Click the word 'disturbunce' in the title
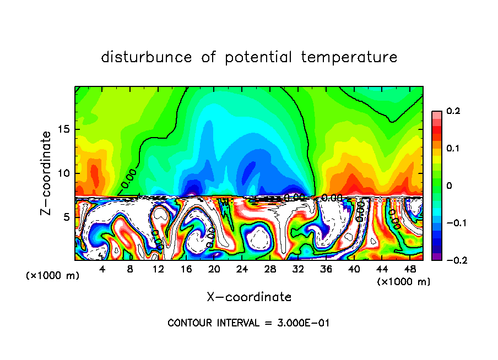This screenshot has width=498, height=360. pos(147,57)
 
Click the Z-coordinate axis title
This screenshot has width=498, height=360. pos(47,173)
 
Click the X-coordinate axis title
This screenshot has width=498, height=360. pos(249,297)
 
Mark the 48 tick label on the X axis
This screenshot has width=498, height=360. pos(410,269)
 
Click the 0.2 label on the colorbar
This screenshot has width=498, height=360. pos(453,112)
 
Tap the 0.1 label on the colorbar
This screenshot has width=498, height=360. pos(453,149)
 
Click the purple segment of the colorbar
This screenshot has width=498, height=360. pos(437,256)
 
